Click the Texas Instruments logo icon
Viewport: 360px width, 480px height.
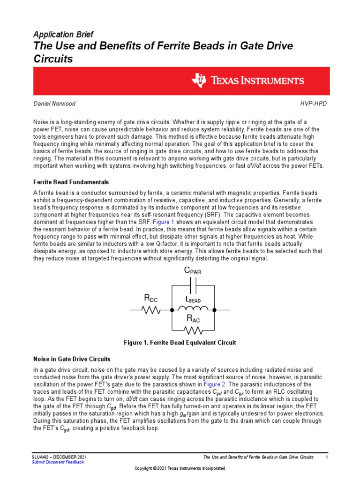pos(198,80)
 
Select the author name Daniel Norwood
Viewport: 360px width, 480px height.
pos(54,103)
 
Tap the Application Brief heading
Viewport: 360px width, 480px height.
pos(63,35)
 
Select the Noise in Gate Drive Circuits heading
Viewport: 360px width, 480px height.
pos(72,359)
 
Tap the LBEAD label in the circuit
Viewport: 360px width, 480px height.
pos(194,300)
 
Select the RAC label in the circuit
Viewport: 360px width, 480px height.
pos(194,319)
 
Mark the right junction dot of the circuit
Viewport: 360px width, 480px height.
pos(215,309)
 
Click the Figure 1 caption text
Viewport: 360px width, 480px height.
pos(180,343)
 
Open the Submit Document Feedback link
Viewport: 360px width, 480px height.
pos(58,462)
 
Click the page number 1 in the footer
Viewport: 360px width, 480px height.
pos(326,456)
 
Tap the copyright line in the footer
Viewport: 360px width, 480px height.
pos(180,469)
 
